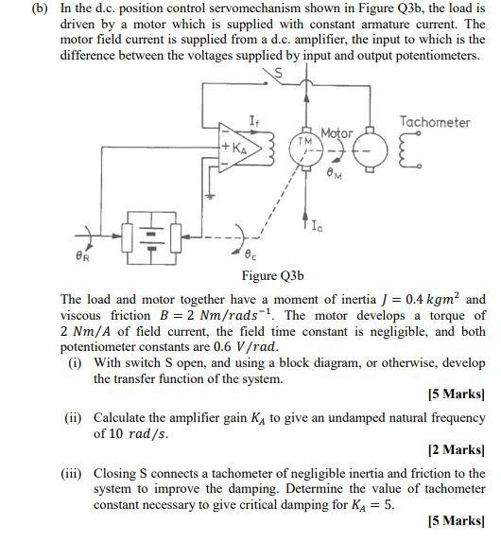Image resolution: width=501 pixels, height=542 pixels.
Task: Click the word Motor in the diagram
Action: click(337, 133)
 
